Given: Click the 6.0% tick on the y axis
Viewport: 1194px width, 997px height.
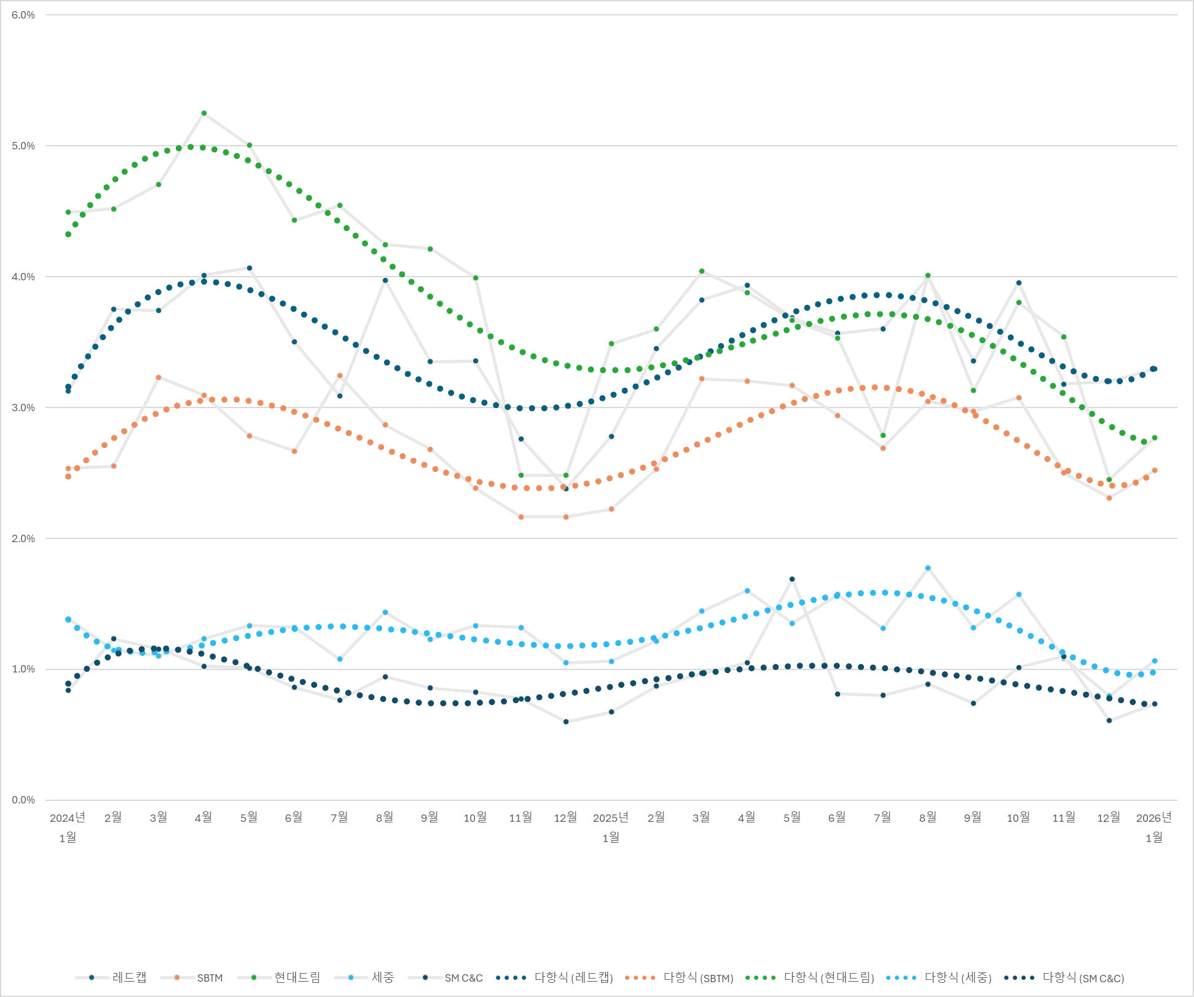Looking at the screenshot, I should (23, 15).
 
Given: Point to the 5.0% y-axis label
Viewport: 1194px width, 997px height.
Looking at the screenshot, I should (23, 146).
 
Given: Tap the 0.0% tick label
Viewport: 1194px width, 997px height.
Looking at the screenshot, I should (23, 800).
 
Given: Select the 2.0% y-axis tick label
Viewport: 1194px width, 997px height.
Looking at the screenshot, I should (23, 538).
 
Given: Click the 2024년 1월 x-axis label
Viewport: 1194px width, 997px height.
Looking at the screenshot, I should (68, 827).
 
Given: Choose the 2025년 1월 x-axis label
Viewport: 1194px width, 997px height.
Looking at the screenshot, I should (611, 827).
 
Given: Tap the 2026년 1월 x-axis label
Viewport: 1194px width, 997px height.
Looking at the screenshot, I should (1154, 827).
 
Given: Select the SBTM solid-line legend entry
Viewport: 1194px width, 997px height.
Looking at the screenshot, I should (192, 977).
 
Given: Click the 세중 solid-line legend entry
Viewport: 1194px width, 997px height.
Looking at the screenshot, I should (364, 977).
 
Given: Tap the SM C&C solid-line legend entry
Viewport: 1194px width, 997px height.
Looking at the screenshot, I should (446, 977).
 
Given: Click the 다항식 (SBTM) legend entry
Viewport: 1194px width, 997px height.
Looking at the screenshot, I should (680, 977).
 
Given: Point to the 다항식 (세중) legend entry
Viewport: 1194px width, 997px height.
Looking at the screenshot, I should (939, 977).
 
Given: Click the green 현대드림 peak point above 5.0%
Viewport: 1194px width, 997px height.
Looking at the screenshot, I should (204, 113).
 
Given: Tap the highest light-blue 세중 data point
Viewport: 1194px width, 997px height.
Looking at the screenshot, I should (928, 568).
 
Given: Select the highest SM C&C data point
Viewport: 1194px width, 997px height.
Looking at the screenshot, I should (792, 579).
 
